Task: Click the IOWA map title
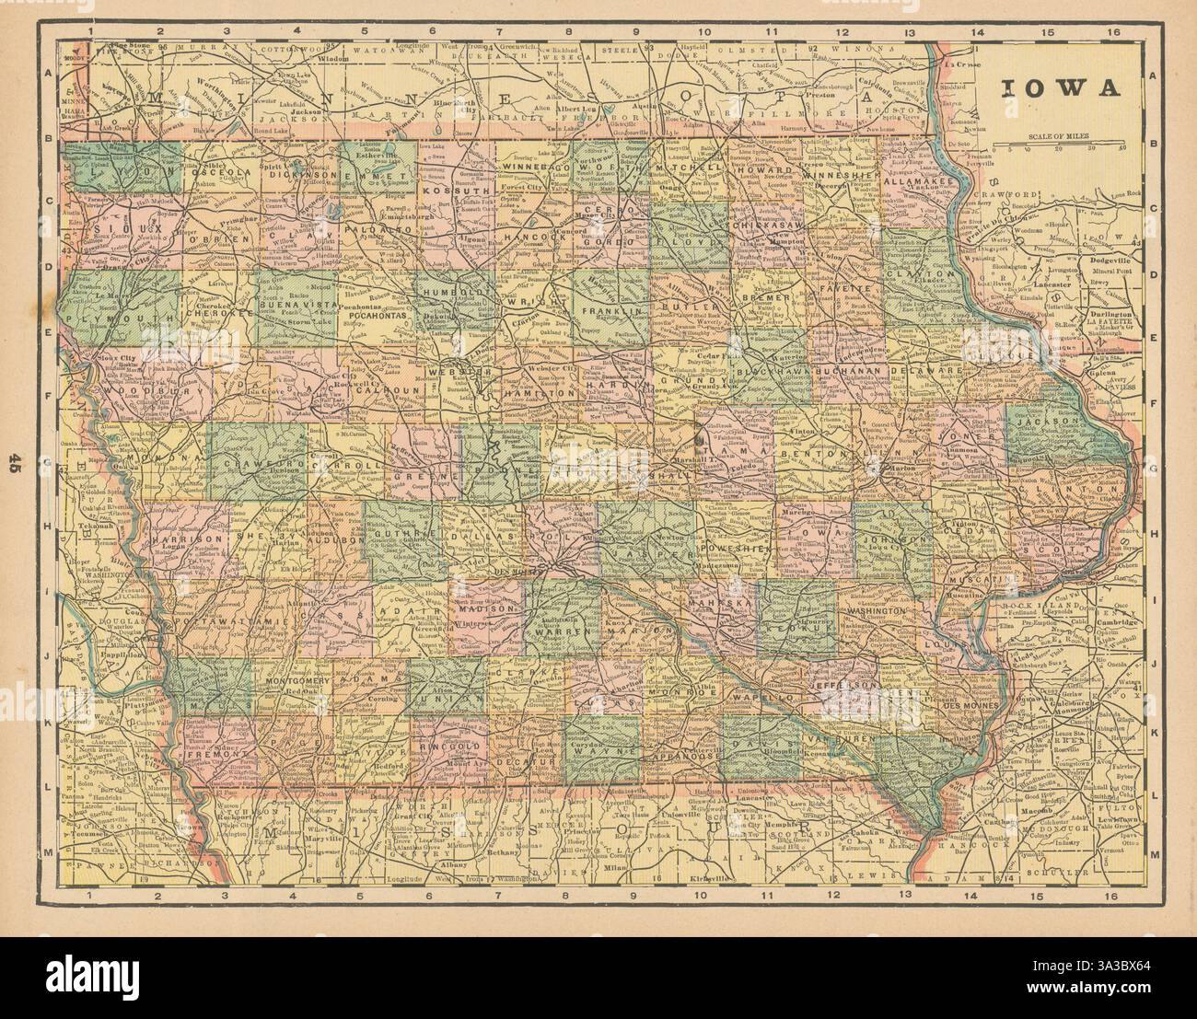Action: [x=1060, y=88]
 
